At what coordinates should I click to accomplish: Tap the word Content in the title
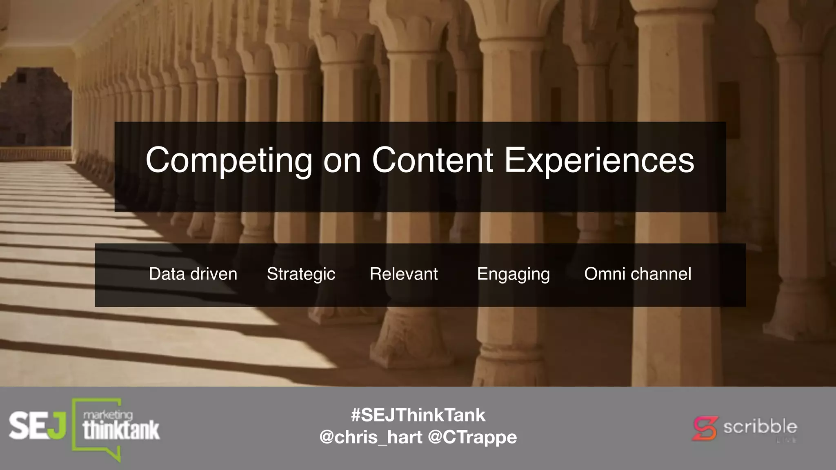coord(432,160)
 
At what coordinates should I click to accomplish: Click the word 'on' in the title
coord(342,161)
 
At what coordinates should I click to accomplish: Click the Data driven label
coord(193,274)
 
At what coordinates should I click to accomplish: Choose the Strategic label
coord(301,274)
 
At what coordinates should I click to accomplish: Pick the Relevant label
coord(404,274)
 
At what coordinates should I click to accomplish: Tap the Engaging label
coord(513,274)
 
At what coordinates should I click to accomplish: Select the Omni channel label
coord(638,274)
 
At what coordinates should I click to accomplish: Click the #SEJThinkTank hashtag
coord(418,415)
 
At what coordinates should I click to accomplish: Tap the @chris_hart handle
coord(371,437)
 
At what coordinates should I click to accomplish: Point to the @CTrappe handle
coord(472,437)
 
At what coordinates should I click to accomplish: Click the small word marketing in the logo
coord(108,415)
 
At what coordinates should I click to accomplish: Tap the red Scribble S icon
coord(705,428)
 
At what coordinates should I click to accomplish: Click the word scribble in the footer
coord(760,427)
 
